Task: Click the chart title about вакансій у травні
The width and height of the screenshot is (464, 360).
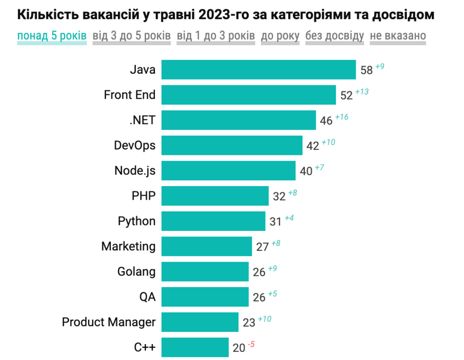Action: tap(226, 15)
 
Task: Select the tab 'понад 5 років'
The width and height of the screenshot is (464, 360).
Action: tap(52, 36)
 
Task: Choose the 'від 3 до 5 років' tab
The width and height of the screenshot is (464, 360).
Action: tap(131, 36)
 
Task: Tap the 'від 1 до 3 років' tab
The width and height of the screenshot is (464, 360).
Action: tap(216, 36)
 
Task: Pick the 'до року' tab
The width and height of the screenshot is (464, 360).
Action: tap(280, 36)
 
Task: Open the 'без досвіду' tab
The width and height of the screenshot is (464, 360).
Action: tap(334, 36)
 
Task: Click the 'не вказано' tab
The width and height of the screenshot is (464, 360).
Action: tap(398, 36)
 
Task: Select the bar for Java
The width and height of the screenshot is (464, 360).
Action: tap(258, 70)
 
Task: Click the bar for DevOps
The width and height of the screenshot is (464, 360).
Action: tap(232, 145)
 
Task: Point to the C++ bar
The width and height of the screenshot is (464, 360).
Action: tap(195, 348)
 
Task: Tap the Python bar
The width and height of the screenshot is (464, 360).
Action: tap(213, 221)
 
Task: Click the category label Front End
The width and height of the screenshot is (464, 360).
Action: tap(130, 95)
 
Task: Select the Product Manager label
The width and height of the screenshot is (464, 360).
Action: tap(109, 322)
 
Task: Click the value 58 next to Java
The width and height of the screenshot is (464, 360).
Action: tap(367, 70)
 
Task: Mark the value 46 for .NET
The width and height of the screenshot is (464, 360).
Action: tap(326, 120)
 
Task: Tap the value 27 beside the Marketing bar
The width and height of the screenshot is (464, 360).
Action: tap(263, 247)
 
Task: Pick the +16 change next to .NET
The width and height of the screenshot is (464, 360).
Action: tap(341, 117)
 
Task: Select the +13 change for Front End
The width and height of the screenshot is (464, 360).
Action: tap(362, 92)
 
